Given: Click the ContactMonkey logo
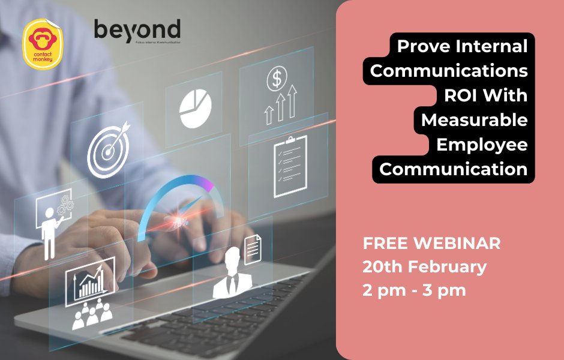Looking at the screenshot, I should [45, 43].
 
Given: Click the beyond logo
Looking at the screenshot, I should [137, 30].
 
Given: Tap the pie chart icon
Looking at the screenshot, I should [195, 109].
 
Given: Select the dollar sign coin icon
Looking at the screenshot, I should [277, 77].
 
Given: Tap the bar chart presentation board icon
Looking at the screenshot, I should [90, 282].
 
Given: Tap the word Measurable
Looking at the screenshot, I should [474, 120].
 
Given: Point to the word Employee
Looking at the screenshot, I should [482, 145].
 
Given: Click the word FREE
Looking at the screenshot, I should [383, 244].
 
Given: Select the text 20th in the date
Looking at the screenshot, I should [379, 267].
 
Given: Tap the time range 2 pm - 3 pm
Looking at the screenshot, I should [414, 290].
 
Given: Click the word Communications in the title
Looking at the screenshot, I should [449, 70].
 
